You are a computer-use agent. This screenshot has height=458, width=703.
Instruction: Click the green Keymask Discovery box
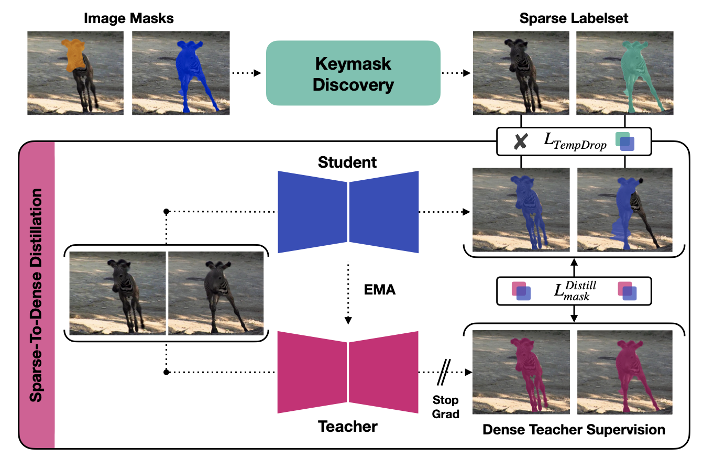353,73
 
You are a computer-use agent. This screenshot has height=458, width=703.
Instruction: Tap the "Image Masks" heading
128,19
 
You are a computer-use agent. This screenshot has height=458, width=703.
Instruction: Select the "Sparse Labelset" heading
574,19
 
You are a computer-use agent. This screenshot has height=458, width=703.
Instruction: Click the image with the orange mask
75,73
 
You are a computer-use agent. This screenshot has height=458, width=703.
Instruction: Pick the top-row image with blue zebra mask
180,73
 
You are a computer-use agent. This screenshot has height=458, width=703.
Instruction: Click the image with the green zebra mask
624,73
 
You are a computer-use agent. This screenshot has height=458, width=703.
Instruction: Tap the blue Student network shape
348,212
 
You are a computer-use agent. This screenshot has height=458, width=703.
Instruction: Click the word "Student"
347,162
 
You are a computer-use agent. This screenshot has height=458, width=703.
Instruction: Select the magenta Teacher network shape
348,372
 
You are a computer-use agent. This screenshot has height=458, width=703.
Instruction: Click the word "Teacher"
348,427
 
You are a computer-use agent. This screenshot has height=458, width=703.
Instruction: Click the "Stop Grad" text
446,407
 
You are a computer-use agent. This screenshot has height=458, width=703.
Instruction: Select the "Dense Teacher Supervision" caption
574,430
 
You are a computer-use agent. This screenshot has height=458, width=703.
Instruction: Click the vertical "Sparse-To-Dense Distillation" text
37,296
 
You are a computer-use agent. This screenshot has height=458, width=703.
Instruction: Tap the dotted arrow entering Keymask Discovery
246,73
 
